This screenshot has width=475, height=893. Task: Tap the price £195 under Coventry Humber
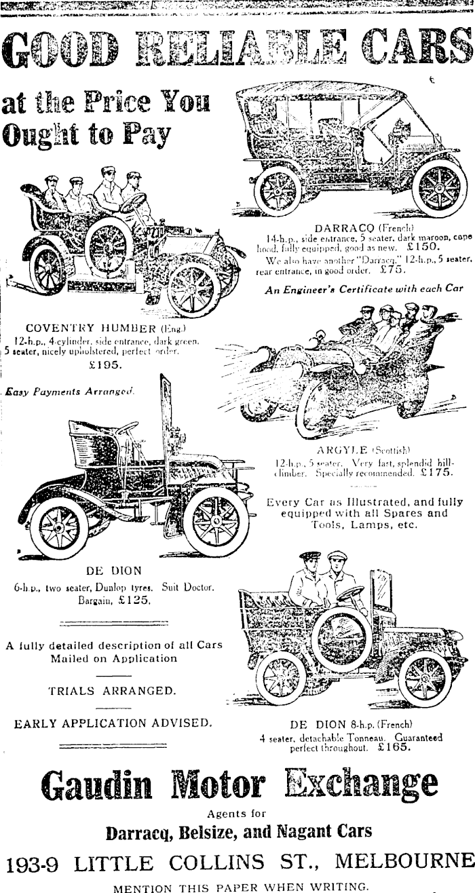click(x=105, y=364)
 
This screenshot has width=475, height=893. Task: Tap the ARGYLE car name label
click(x=341, y=449)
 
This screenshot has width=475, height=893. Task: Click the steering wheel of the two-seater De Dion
click(x=126, y=429)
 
